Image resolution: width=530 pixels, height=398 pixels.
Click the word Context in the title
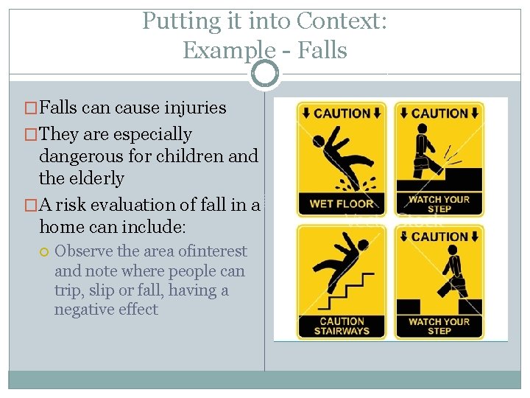(x=338, y=21)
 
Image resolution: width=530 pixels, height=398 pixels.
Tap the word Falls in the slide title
(x=322, y=51)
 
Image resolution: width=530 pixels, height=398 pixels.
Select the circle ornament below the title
(x=265, y=74)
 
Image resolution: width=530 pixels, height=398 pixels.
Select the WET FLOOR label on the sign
(x=342, y=203)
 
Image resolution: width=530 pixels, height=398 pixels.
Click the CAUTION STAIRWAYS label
(x=342, y=326)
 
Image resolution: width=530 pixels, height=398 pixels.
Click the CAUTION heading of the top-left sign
(x=342, y=114)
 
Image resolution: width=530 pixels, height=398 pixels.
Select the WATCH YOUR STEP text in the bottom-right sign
(x=439, y=326)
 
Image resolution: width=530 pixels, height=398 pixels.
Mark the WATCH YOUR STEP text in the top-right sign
(x=439, y=203)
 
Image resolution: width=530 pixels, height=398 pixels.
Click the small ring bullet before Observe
(x=45, y=252)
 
